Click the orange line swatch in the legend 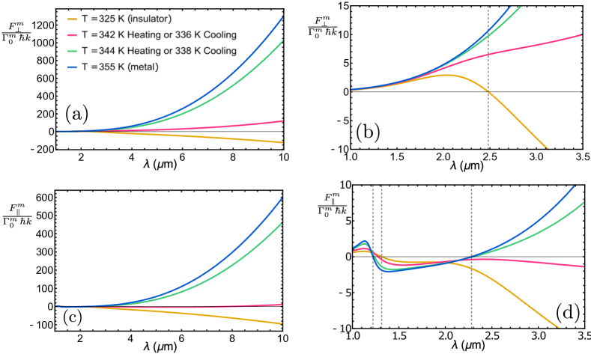tap(72, 19)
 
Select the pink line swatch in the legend tap(72, 35)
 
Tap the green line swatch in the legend tap(72, 51)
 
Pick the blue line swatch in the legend tap(72, 67)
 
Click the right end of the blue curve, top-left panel tap(282, 17)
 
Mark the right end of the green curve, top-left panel tap(282, 41)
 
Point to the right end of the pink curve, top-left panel tap(282, 120)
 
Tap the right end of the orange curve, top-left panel tap(282, 142)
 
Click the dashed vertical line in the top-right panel tap(488, 75)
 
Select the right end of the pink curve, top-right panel tap(581, 34)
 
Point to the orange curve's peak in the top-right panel tap(446, 75)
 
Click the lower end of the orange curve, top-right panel tap(547, 148)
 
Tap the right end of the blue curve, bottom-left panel tap(282, 199)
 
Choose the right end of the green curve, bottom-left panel tap(282, 223)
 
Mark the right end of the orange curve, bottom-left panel tap(282, 323)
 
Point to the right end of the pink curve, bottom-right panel tap(583, 266)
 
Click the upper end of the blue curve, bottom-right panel tap(573, 186)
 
